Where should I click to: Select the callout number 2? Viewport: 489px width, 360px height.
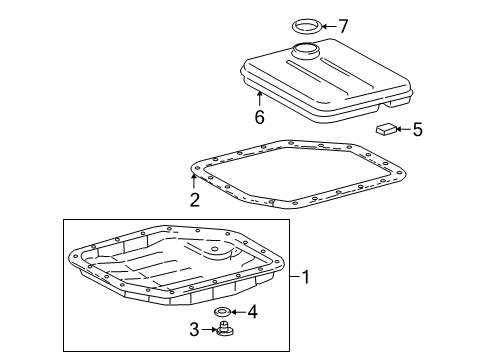tap(194, 199)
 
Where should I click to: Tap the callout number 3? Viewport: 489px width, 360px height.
tap(194, 329)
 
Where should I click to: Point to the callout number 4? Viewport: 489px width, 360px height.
tap(252, 313)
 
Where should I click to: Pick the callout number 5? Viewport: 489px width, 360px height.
tap(418, 128)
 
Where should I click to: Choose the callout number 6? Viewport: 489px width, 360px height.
tap(259, 117)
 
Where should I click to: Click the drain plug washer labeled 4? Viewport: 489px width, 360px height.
tap(223, 314)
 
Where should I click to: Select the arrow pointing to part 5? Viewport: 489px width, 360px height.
tap(402, 128)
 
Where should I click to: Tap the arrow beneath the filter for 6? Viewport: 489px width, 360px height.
tap(259, 99)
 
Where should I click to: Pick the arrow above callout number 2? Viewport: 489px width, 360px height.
tap(194, 181)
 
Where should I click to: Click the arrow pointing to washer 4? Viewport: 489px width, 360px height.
tap(238, 314)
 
